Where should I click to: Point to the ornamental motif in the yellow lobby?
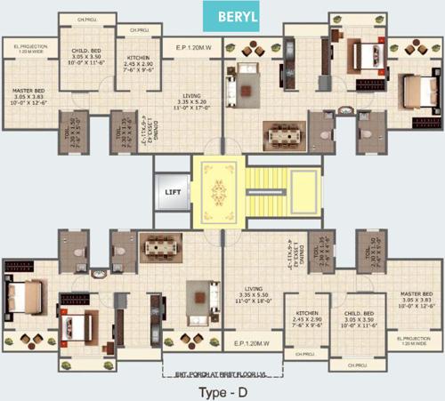coord(215,188)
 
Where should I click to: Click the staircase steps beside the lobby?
coord(260,188)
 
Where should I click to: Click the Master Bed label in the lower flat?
coord(415,299)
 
